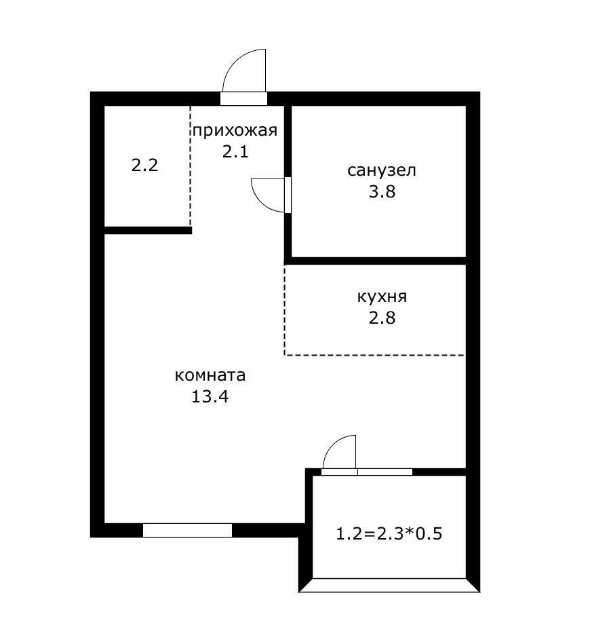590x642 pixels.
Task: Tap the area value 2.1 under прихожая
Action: point(235,152)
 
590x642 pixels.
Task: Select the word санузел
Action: point(382,170)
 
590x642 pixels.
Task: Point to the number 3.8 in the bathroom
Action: point(382,191)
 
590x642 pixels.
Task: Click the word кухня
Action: point(382,297)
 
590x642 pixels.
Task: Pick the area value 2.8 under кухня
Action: point(382,318)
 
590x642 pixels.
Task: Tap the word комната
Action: point(210,375)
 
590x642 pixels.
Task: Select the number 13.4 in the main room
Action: point(210,397)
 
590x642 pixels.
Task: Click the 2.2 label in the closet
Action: point(145,166)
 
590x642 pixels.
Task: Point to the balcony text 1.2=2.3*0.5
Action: point(389,534)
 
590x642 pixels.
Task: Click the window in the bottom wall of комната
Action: point(187,530)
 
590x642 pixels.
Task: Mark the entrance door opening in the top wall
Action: point(244,98)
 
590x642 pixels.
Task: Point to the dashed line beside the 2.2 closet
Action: point(191,166)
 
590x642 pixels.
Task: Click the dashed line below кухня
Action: point(374,355)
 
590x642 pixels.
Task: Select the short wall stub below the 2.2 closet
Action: point(148,230)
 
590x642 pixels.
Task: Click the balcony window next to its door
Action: point(385,472)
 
